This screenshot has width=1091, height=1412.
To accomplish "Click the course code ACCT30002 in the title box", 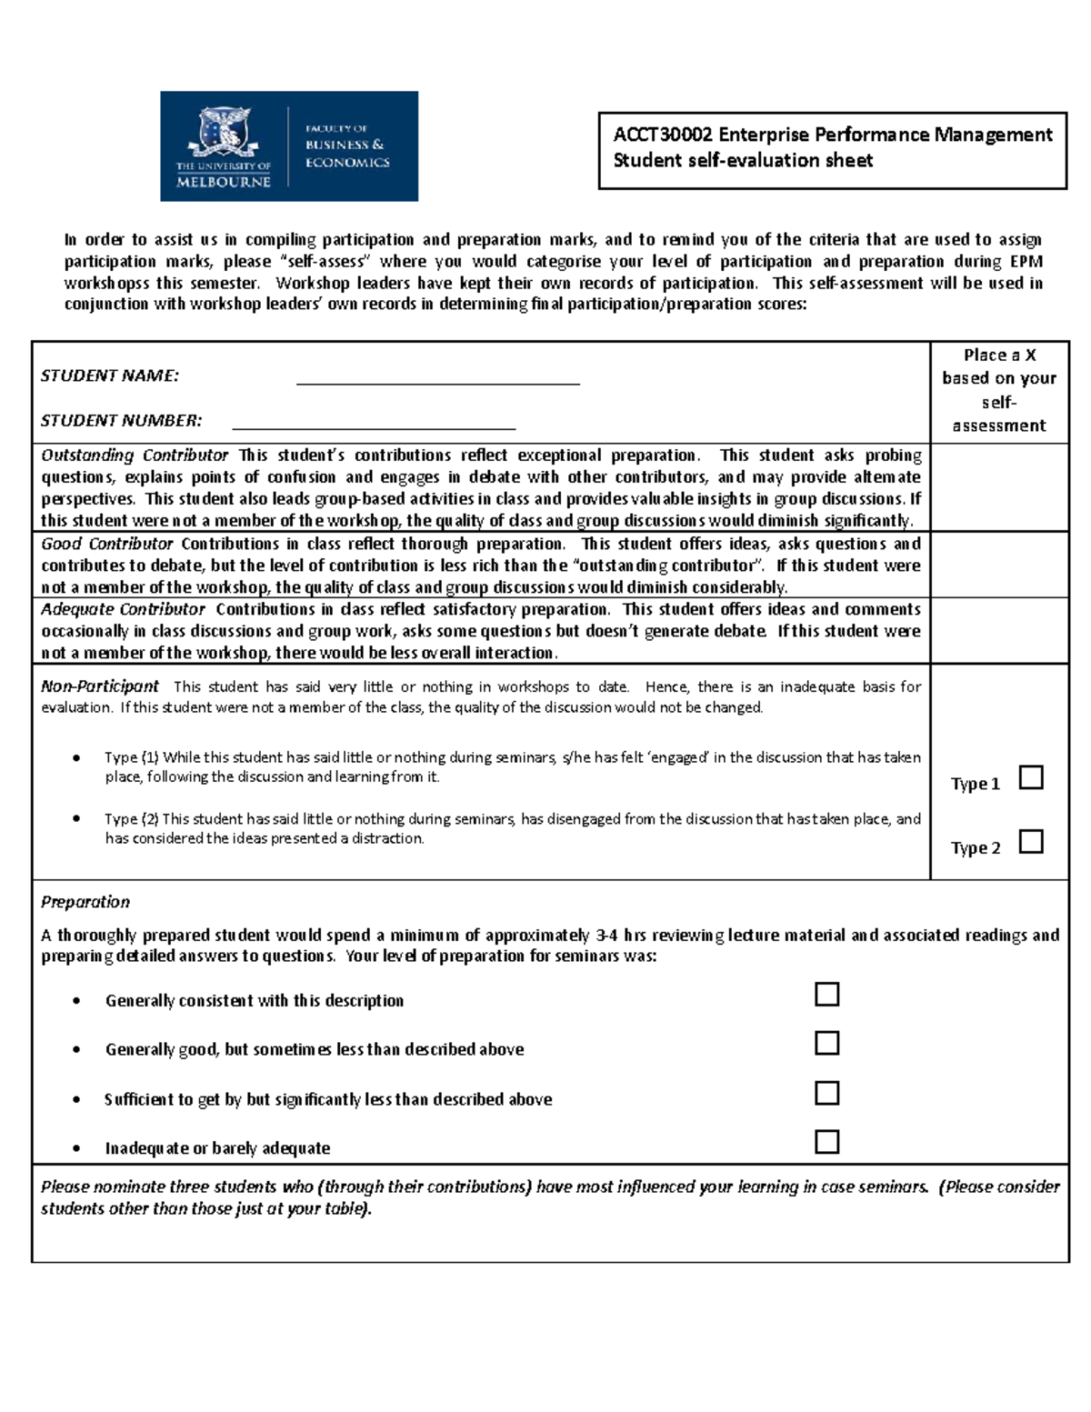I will coord(663,135).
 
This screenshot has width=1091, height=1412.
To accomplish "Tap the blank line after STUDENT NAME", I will coord(437,377).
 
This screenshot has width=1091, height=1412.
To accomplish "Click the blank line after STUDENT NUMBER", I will coord(374,421).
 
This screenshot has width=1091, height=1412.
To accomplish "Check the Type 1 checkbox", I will coord(1031,778).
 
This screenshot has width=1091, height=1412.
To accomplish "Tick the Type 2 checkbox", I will coord(1031,842).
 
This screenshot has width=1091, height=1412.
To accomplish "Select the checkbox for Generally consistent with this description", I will coord(826,994).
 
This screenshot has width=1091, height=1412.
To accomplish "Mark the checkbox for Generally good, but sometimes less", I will coord(826,1043).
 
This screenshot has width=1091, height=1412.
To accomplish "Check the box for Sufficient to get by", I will coord(826,1092).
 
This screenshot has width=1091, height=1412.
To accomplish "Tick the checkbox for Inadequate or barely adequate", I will coord(826,1141).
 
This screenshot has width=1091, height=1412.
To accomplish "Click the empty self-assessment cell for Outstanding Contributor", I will coord(999,487).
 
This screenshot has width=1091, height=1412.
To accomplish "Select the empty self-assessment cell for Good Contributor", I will coord(999,565).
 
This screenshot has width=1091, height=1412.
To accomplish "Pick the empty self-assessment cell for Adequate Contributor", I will coord(999,630).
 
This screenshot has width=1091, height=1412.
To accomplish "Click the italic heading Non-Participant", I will coord(100,686).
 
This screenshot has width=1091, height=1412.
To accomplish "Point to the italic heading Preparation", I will coord(85,902).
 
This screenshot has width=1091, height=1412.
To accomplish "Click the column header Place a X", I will coord(999,356).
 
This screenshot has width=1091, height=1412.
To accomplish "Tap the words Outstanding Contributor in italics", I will coord(135,456).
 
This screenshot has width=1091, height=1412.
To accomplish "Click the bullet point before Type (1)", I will coord(76,757).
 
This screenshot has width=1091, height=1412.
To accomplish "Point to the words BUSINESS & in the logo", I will coord(345,145).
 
